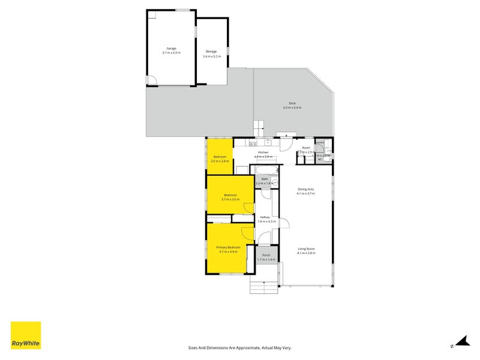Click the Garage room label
tap(171, 48)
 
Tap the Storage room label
tap(211, 52)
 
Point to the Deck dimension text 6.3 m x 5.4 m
tap(292, 107)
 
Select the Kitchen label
tap(263, 152)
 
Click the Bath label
tap(264, 179)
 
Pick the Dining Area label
tap(306, 190)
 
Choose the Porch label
tap(266, 255)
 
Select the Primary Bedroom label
tap(229, 247)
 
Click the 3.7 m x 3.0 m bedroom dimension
tap(230, 199)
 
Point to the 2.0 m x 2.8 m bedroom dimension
tap(220, 161)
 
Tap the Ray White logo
tap(26, 335)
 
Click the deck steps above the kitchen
tap(258, 128)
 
